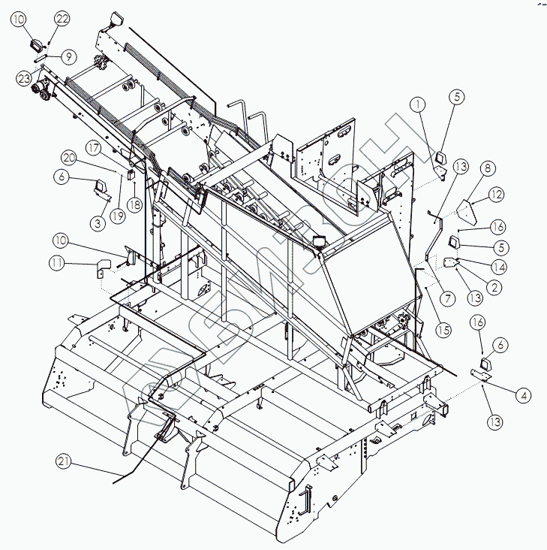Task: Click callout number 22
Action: pyautogui.click(x=62, y=18)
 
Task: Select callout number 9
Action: pyautogui.click(x=68, y=56)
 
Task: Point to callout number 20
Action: pyautogui.click(x=69, y=158)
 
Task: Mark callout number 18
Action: pyautogui.click(x=135, y=204)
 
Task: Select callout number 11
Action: pyautogui.click(x=57, y=263)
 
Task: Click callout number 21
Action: pyautogui.click(x=65, y=462)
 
